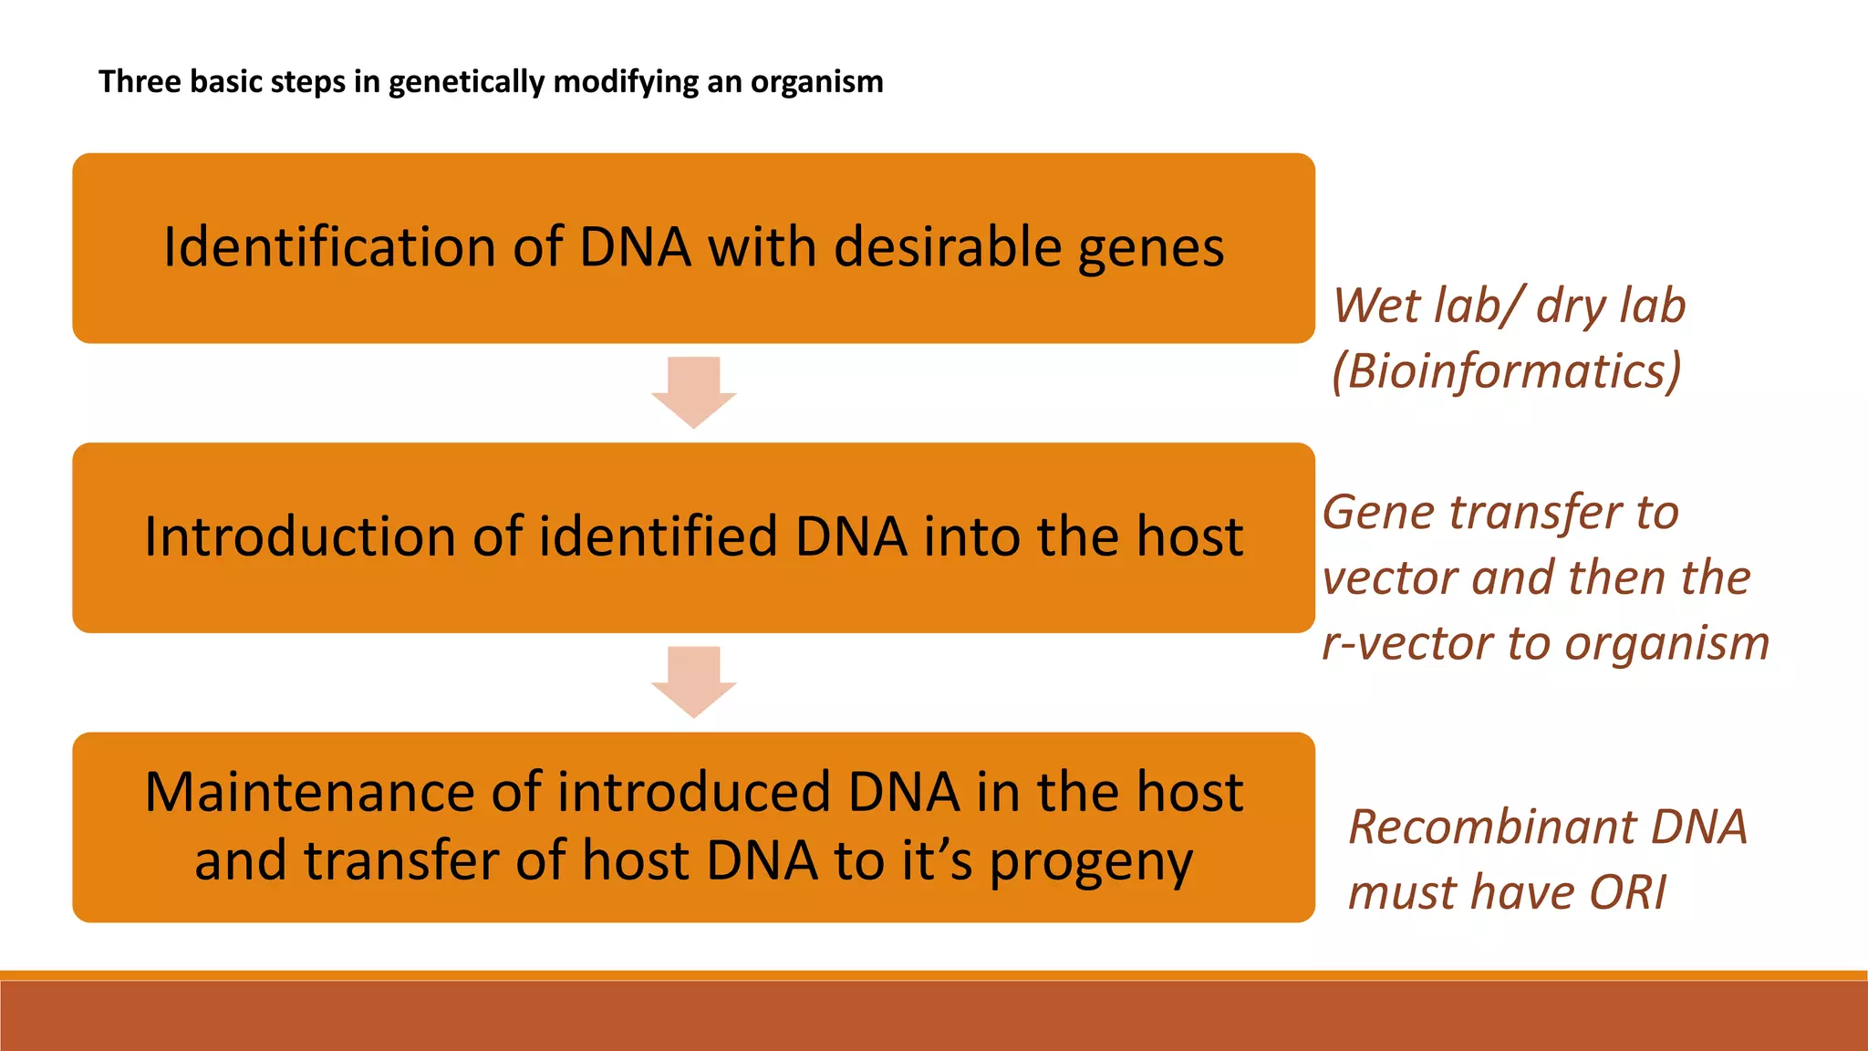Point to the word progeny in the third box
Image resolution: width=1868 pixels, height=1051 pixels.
(x=1091, y=862)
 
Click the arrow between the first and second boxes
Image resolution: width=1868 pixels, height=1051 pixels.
(x=693, y=392)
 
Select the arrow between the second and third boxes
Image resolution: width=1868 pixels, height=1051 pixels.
(x=693, y=682)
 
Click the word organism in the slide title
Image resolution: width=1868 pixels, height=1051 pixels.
(x=816, y=83)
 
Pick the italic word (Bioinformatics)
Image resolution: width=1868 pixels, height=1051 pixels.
(x=1506, y=372)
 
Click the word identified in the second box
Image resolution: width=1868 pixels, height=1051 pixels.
(x=658, y=536)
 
